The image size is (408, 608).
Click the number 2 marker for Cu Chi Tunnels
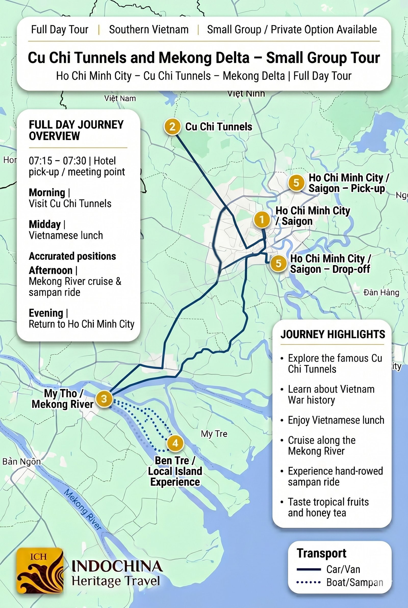(172, 127)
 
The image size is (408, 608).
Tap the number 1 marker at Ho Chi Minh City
(262, 219)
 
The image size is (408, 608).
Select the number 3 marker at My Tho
(104, 399)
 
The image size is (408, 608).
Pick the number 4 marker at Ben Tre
(175, 443)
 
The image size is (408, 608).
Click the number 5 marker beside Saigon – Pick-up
(296, 183)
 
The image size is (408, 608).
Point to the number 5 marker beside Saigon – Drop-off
(278, 263)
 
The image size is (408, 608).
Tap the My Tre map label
(214, 434)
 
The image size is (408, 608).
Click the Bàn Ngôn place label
(22, 462)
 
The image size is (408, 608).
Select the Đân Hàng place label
(381, 293)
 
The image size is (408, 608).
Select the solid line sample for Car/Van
(309, 570)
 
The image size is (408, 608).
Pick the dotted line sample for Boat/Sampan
(309, 583)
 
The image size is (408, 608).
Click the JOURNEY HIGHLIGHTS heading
(333, 334)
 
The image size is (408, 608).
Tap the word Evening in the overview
(46, 313)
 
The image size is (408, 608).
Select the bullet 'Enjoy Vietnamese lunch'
(336, 420)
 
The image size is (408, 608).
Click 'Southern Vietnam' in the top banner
(149, 30)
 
